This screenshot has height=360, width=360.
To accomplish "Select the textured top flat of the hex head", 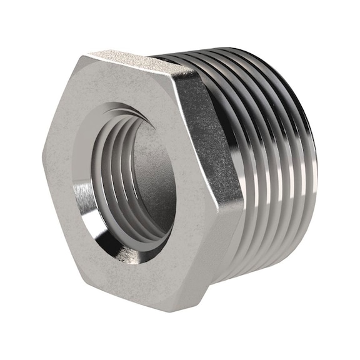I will [x=131, y=61].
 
